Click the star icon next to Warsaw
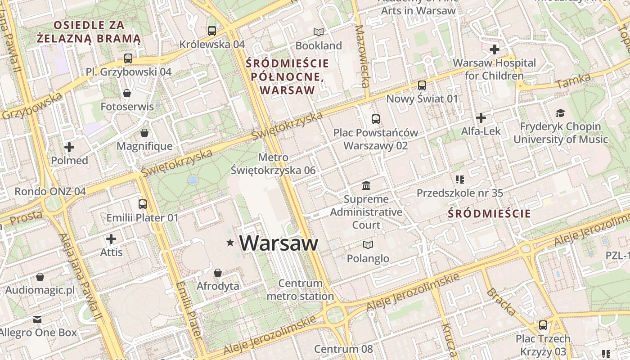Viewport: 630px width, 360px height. coord(230,243)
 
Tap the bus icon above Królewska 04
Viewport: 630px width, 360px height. coord(212,31)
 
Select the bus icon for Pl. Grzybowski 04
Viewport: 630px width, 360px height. coord(128,58)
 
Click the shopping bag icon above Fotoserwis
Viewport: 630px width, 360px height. coord(127,93)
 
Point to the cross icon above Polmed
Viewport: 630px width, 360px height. coord(69,147)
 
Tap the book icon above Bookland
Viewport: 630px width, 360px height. coord(319,32)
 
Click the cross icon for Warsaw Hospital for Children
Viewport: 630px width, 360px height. coord(495,49)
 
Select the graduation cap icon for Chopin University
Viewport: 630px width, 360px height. coord(560,113)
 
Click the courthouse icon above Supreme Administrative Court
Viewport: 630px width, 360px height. coord(366,185)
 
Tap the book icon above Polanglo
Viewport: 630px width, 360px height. coord(368,245)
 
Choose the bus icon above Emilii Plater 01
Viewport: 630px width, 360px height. coord(143,204)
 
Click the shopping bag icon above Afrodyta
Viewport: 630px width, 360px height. coord(218,273)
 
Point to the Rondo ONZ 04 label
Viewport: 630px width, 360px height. coord(50,191)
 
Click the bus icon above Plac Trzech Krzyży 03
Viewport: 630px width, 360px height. coord(543,325)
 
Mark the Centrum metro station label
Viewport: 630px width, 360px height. coord(301,290)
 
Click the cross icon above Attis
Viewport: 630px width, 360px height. coord(111,239)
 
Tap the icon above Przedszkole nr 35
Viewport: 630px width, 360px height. coord(459,180)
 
